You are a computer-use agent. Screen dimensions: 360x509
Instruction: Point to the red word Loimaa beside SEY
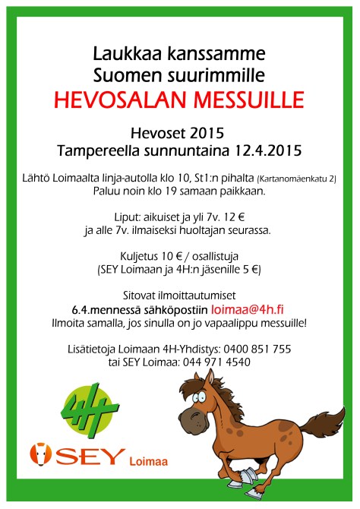[x=150, y=460]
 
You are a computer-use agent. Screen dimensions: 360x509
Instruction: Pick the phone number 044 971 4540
[x=213, y=362]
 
